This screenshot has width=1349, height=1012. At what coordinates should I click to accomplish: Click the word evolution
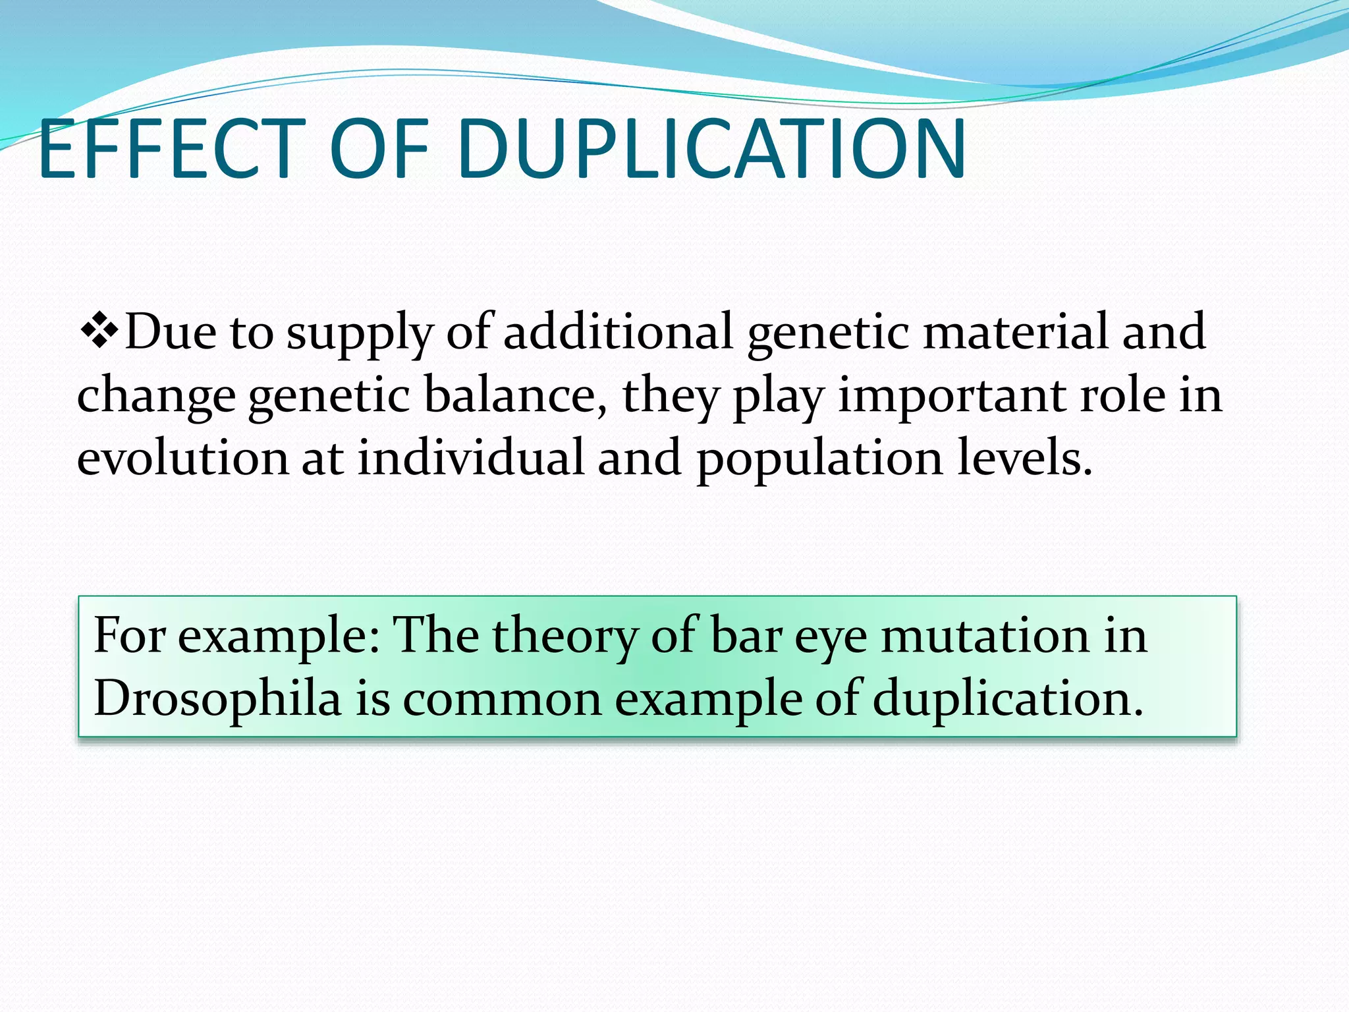[x=182, y=459]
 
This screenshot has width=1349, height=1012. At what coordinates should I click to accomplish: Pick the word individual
[x=471, y=459]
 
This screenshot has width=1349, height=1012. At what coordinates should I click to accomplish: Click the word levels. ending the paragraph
[x=1025, y=459]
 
